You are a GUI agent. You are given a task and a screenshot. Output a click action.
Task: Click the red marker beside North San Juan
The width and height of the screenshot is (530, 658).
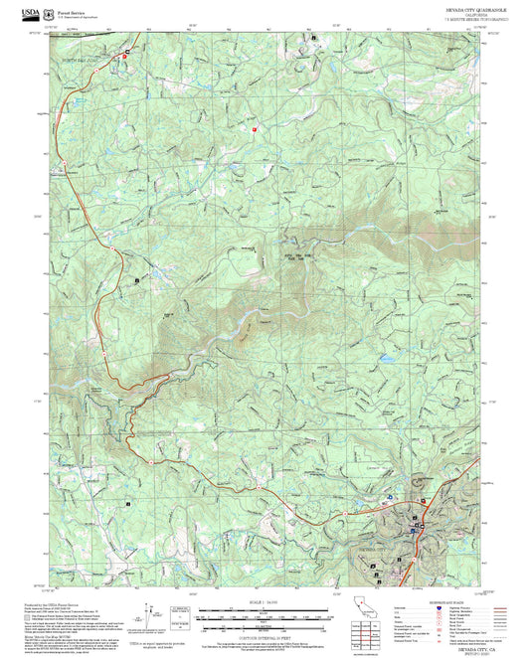point(124,57)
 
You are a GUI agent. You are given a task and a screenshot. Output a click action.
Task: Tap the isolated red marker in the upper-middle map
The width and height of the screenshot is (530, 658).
point(254,127)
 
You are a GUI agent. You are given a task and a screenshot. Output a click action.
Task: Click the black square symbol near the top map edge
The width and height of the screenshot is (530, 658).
point(315,38)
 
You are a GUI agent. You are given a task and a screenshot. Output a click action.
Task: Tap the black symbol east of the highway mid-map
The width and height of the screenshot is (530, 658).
point(136,283)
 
